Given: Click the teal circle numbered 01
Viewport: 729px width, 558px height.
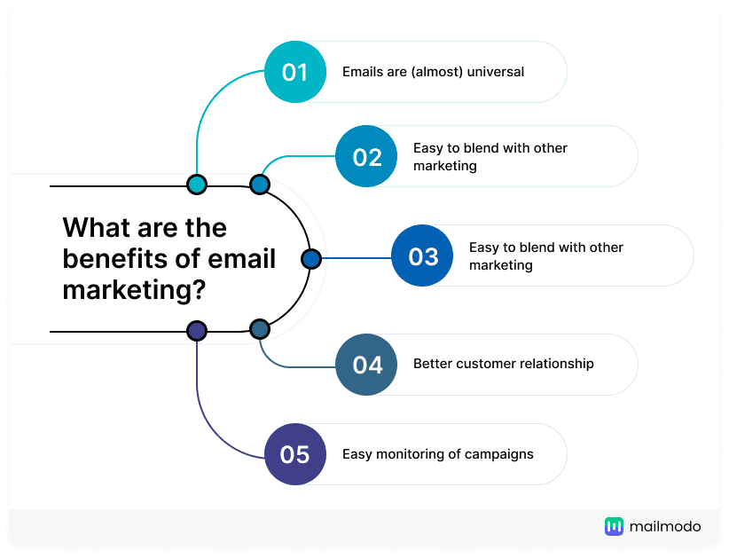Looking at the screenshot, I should coord(294,72).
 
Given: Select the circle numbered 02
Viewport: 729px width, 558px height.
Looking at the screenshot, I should coord(367,157).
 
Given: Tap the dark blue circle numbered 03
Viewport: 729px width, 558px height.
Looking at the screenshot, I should coord(423,256).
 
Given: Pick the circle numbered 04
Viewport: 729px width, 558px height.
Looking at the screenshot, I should coord(367,365).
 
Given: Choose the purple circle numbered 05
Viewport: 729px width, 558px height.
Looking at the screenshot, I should coord(294,454).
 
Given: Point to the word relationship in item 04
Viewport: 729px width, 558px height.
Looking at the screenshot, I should coord(552,364).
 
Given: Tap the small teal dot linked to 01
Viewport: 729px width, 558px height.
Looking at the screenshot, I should coord(197,185).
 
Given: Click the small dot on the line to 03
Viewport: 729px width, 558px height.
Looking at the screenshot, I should coord(310,258).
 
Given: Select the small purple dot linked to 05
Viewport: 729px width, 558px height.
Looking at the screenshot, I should coord(197,331).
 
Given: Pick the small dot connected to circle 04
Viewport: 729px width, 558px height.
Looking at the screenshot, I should coord(259,329).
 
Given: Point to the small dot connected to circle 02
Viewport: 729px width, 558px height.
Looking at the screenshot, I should coord(259,185).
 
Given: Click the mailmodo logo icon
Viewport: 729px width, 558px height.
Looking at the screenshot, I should coord(614,527).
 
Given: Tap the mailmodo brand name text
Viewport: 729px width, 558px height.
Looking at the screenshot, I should coord(665,527).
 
